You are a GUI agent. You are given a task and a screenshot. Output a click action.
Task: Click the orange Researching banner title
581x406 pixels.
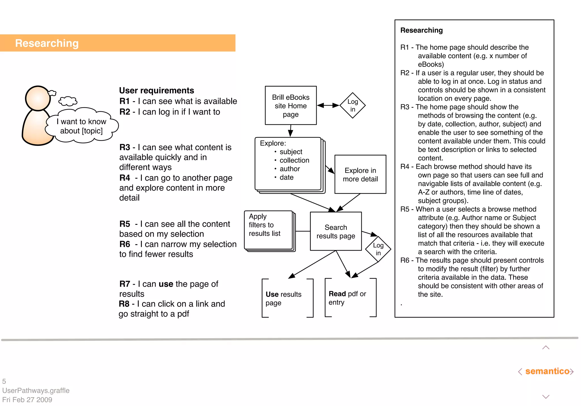pyautogui.click(x=47, y=43)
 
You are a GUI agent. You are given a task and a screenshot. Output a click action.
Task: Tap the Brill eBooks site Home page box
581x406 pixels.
pyautogui.click(x=290, y=105)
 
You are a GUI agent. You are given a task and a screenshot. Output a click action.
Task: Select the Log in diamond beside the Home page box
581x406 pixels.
pyautogui.click(x=353, y=105)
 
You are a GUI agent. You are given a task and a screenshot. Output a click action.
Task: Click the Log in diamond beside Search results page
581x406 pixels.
pyautogui.click(x=378, y=249)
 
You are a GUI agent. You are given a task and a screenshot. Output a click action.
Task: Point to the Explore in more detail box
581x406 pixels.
pyautogui.click(x=360, y=174)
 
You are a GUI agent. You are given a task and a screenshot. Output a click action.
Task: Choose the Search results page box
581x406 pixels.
pyautogui.click(x=336, y=231)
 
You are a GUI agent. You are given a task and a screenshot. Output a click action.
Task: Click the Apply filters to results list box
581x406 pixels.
pyautogui.click(x=268, y=230)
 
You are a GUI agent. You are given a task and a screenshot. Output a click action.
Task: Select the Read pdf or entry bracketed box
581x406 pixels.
pyautogui.click(x=350, y=298)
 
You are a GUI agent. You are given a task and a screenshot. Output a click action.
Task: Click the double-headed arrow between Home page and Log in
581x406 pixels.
pyautogui.click(x=328, y=105)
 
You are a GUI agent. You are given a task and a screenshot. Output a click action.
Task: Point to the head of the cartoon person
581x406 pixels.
pyautogui.click(x=38, y=98)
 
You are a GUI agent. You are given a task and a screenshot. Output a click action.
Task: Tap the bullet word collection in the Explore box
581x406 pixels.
pyautogui.click(x=294, y=160)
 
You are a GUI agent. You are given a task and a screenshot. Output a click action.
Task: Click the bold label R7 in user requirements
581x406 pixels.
pyautogui.click(x=125, y=284)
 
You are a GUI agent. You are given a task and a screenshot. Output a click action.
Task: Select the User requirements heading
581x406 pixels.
pyautogui.click(x=156, y=90)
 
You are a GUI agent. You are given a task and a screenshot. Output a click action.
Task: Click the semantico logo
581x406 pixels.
pyautogui.click(x=547, y=371)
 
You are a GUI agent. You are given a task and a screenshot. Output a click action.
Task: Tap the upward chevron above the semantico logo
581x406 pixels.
pyautogui.click(x=546, y=348)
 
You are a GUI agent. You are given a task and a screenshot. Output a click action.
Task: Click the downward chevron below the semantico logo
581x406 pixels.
pyautogui.click(x=546, y=396)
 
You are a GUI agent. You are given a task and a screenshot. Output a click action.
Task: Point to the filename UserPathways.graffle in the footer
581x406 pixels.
pyautogui.click(x=36, y=390)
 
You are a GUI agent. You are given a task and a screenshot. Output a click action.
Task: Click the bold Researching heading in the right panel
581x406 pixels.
pyautogui.click(x=421, y=30)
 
